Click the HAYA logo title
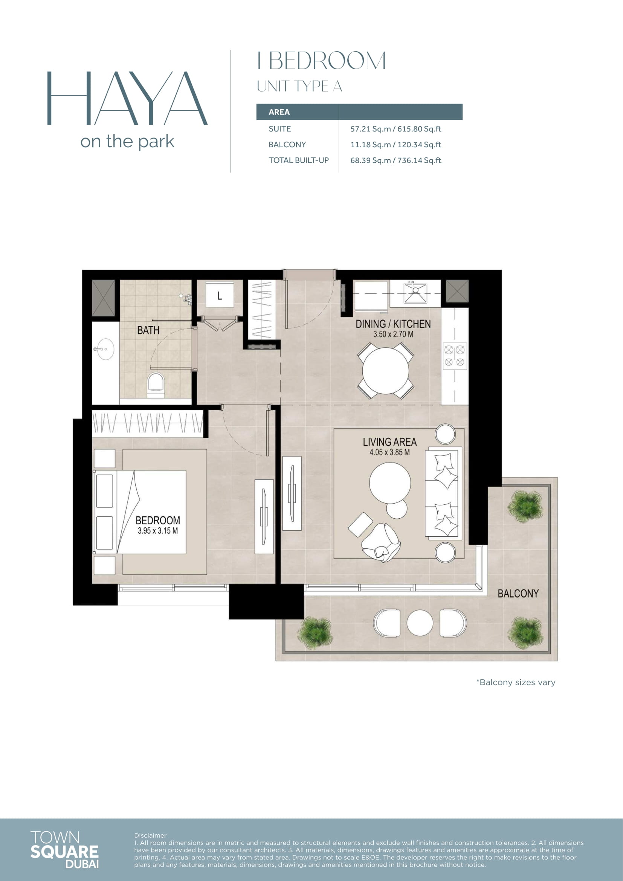coord(127,98)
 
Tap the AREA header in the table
coord(279,112)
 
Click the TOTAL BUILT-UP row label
coord(298,160)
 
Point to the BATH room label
coord(148,330)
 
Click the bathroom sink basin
coord(105,349)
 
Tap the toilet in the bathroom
coord(156,384)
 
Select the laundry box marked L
coord(220,295)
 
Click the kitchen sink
coord(415,293)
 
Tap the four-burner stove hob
coord(455,356)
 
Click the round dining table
coord(386,371)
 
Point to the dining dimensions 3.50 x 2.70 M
coord(393,334)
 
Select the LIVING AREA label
coord(390,442)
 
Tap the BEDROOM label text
coord(158,520)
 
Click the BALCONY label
coord(518,594)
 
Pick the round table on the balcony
coord(420,623)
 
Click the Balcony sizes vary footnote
coord(516,682)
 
